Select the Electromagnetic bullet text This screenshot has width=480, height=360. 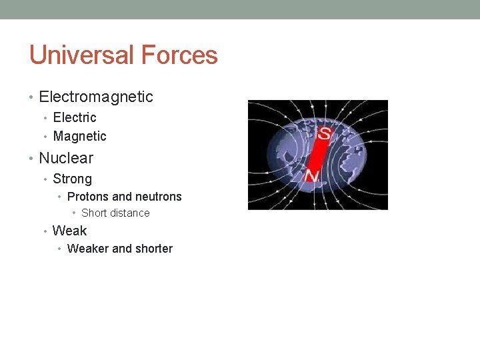pyautogui.click(x=96, y=97)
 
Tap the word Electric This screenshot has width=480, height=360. pyautogui.click(x=75, y=117)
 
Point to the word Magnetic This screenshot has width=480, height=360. pyautogui.click(x=79, y=137)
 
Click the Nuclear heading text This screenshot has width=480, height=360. pyautogui.click(x=66, y=158)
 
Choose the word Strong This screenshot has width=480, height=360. pyautogui.click(x=72, y=179)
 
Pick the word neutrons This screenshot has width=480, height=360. pyautogui.click(x=158, y=197)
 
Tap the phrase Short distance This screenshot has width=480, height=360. pyautogui.click(x=115, y=213)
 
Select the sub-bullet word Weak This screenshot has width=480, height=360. pyautogui.click(x=69, y=231)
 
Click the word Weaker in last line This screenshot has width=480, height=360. pyautogui.click(x=88, y=249)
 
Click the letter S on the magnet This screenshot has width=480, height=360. pyautogui.click(x=324, y=133)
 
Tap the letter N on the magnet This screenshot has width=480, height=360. pyautogui.click(x=311, y=175)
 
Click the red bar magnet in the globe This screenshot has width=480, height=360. pyautogui.click(x=317, y=155)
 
